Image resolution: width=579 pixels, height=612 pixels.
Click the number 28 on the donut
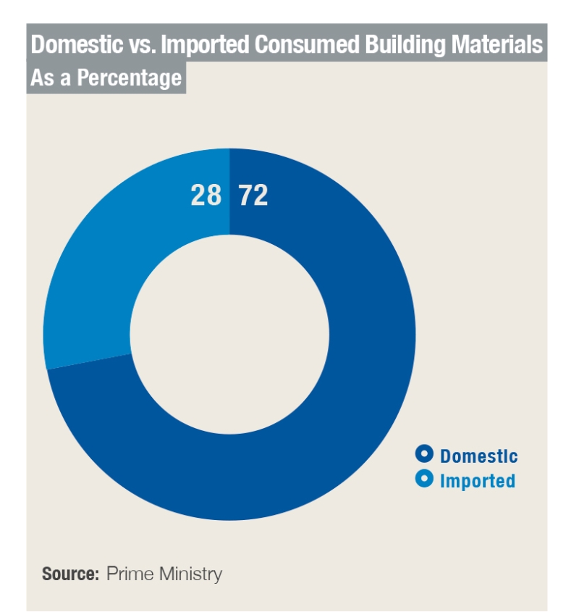pos(206,196)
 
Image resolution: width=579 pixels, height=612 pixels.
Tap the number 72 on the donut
pos(253,196)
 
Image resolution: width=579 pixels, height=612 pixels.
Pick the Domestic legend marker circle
pos(425,455)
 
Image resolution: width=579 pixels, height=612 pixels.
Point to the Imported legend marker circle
pos(425,479)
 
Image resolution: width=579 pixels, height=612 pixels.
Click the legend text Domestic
pos(478,456)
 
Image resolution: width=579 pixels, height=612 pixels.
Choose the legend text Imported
pos(478,480)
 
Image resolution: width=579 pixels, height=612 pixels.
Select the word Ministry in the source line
pos(190,574)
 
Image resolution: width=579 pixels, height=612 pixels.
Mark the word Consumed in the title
pos(306,45)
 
